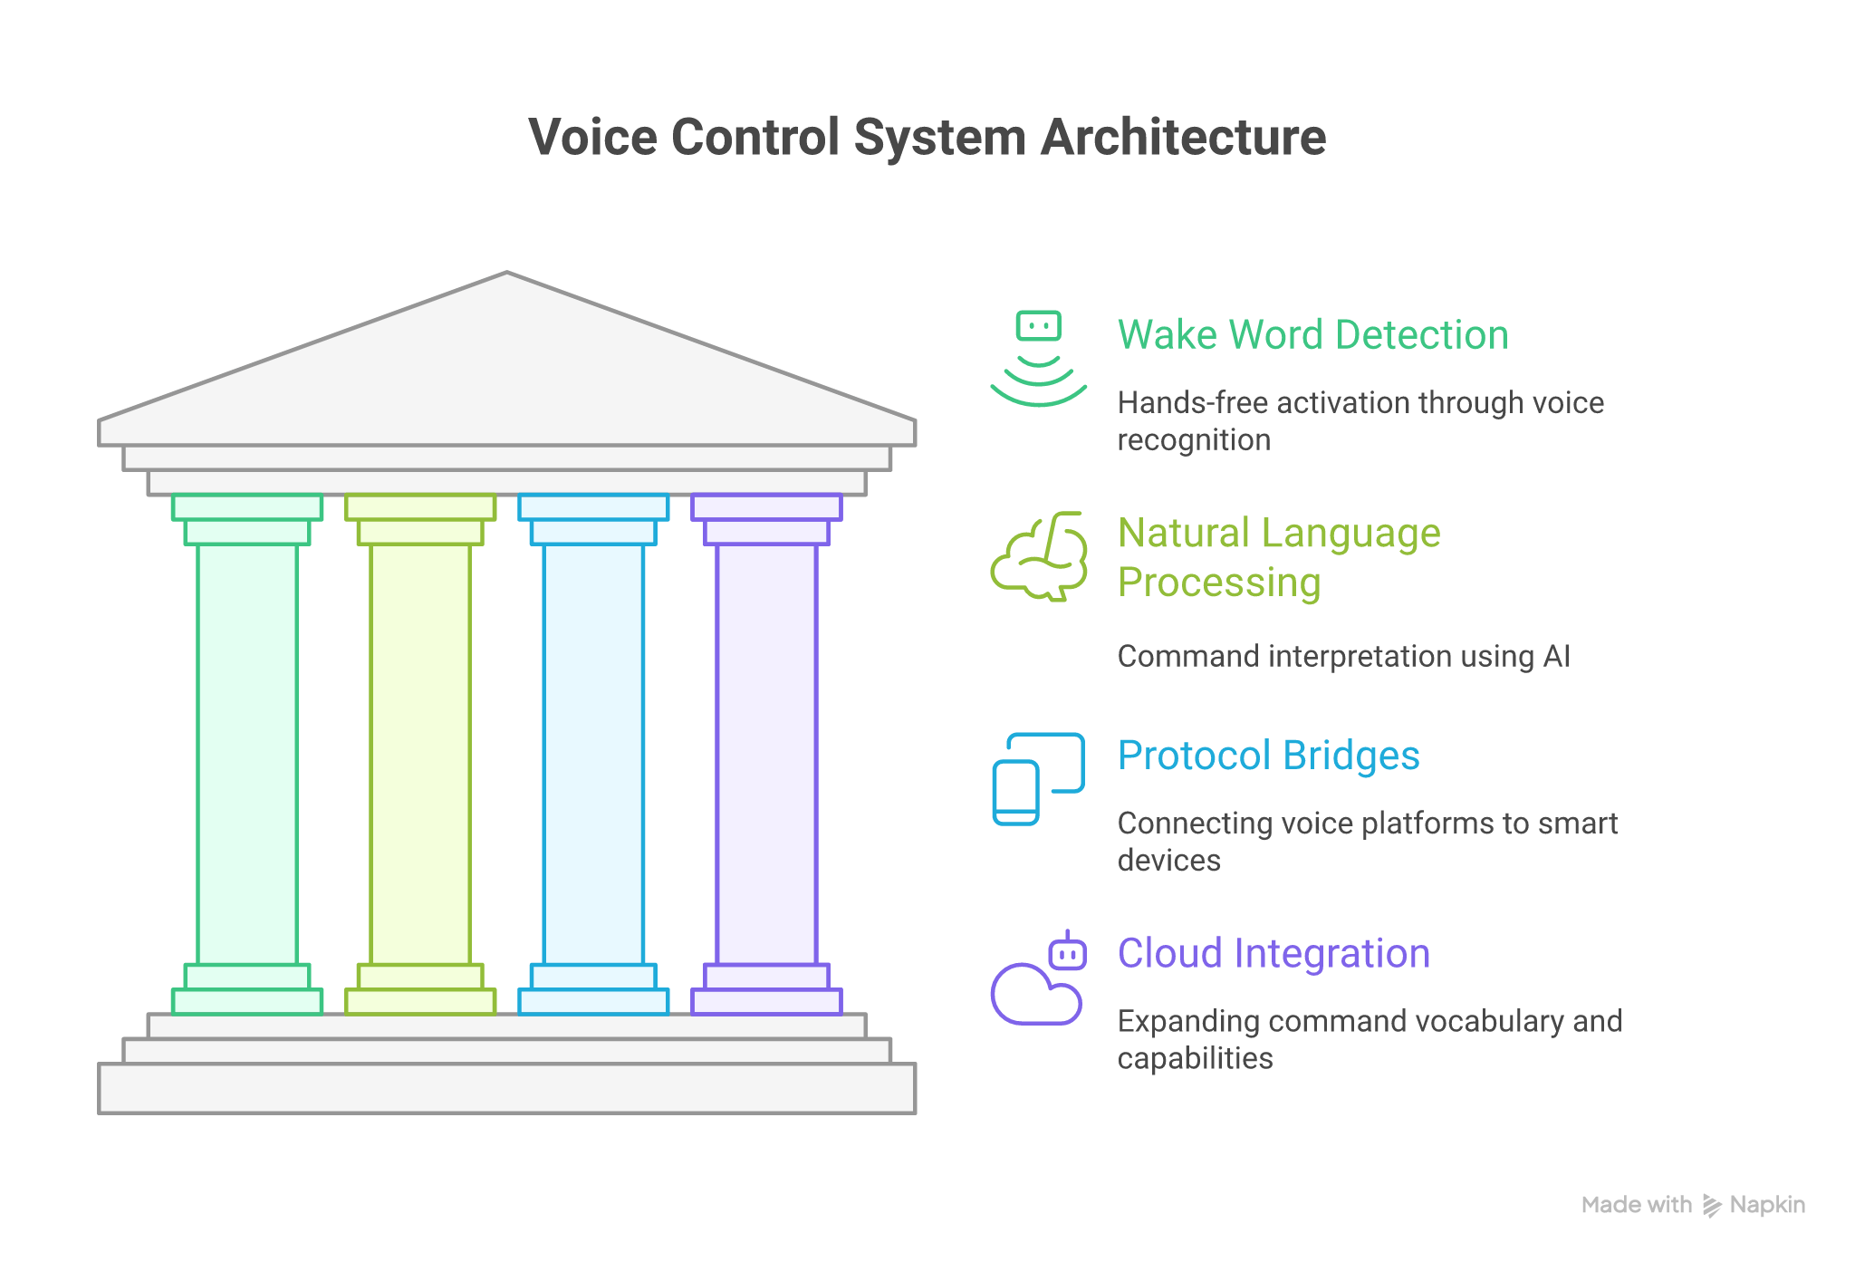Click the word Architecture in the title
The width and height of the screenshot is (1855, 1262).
pos(1182,138)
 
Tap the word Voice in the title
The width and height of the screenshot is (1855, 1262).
pos(592,138)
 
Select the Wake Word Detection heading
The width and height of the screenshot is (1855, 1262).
pos(1312,335)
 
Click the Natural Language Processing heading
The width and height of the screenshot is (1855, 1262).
pos(1278,557)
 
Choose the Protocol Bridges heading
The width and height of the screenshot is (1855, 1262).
pos(1268,756)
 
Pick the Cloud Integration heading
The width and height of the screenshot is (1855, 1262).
pos(1274,954)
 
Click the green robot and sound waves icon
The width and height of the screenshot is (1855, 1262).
pos(1038,359)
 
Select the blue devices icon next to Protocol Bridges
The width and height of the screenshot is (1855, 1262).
pos(1038,779)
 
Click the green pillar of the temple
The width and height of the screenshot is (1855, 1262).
pos(247,752)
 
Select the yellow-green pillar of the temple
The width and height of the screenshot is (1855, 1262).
pos(420,752)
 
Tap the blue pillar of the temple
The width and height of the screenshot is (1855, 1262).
pos(593,752)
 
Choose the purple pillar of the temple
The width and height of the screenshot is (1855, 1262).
pos(766,752)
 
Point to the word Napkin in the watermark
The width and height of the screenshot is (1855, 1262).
pos(1767,1205)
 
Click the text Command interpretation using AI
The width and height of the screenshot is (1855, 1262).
pos(1343,656)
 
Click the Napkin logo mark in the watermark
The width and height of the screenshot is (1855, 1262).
pos(1711,1205)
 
